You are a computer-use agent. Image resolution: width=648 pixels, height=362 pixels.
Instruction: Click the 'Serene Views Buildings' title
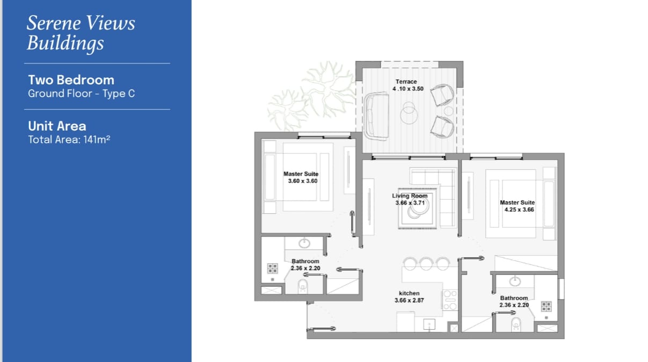click(81, 33)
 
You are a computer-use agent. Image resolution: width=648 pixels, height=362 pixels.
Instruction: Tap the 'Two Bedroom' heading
click(71, 80)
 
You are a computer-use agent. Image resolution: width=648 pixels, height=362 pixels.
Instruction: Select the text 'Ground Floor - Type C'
click(81, 93)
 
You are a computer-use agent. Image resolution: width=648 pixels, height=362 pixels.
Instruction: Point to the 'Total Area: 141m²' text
click(69, 140)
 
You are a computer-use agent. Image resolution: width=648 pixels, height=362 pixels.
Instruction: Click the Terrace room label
click(406, 82)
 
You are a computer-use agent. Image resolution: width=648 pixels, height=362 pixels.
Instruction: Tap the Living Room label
click(410, 196)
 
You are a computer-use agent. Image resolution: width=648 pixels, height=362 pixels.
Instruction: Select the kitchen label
click(409, 293)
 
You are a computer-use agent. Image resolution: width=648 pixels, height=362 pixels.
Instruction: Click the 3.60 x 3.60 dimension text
click(303, 181)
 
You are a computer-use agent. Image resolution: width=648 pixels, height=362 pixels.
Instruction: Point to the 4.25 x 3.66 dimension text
click(519, 209)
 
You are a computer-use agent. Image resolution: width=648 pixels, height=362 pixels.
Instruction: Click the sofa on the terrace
click(376, 116)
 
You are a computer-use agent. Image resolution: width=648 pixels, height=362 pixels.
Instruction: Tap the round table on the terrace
click(409, 113)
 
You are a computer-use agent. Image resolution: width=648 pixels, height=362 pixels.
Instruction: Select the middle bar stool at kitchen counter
click(426, 264)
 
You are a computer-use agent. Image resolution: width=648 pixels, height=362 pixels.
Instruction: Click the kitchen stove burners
click(450, 300)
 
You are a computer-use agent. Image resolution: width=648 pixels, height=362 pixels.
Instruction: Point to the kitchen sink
click(429, 324)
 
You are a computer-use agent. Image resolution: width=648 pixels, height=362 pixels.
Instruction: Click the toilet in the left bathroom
click(303, 286)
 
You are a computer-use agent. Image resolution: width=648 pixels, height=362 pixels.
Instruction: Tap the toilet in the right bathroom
click(516, 324)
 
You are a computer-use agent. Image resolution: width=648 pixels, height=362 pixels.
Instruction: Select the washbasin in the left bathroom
click(304, 243)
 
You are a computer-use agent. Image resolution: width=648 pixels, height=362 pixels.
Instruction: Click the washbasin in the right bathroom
click(515, 281)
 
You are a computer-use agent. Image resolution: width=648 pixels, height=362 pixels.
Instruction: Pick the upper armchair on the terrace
click(442, 95)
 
